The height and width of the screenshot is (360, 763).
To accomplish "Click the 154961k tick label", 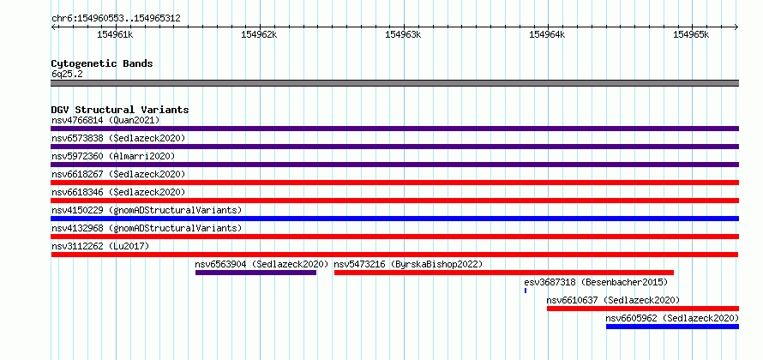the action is coord(116,34).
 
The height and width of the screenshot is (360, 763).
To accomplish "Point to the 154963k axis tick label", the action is coord(403,34).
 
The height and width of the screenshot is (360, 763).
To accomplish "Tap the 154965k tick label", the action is coord(691,34).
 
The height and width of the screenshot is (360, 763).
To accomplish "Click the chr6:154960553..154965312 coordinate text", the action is coord(116,19).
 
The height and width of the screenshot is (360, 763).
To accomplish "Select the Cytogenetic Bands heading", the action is coord(102,63).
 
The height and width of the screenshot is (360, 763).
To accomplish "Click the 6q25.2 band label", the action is coord(67,75).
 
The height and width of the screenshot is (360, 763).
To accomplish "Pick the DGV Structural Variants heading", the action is coord(120,110).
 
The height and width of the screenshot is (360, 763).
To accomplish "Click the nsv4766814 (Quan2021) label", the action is coord(105,120).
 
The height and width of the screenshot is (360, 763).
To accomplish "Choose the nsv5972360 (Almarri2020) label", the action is coord(113,156).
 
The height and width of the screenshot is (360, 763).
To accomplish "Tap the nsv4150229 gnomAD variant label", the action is coord(147,210).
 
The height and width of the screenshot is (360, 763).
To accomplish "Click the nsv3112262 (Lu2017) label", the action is coord(100,246).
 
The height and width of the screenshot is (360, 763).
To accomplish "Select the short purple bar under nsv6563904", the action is coord(256,273).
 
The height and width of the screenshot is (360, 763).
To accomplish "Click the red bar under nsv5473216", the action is coord(504,273).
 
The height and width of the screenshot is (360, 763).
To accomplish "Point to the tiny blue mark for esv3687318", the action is coord(526,291).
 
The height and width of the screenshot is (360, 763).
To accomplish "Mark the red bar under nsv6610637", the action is coord(643,309).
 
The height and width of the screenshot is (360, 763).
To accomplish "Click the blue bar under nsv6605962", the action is coord(672,327).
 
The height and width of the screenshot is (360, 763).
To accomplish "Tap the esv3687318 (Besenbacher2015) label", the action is coord(596,282).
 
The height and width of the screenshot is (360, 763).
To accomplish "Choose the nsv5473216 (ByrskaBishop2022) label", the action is coord(408,264).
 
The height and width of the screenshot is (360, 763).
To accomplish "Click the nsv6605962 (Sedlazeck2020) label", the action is coord(672,318).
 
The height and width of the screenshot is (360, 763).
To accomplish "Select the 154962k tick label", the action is coord(259,34).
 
